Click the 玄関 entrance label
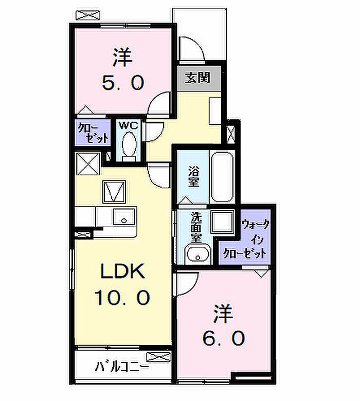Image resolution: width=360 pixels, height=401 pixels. [x=197, y=78]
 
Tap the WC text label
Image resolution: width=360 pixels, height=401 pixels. [x=129, y=125]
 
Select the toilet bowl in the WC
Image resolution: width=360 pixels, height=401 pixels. [x=129, y=144]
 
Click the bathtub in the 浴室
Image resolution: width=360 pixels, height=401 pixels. [x=222, y=177]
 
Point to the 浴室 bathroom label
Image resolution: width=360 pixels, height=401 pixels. [x=194, y=176]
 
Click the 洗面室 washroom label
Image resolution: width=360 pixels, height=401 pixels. [x=196, y=227]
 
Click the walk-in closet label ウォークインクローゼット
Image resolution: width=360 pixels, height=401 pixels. [x=245, y=239]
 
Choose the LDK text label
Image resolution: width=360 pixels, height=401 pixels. [x=122, y=271]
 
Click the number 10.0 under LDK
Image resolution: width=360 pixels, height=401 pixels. [x=122, y=298]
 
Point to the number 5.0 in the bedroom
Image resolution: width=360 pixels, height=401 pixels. [x=123, y=82]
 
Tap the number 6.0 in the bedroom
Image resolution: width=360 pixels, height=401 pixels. [x=224, y=338]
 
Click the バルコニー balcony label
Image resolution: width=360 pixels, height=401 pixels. [x=122, y=367]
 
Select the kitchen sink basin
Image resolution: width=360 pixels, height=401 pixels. [x=124, y=216]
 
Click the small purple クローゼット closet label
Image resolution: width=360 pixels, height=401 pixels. [x=94, y=133]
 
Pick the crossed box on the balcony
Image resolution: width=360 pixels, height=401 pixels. [x=158, y=357]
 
